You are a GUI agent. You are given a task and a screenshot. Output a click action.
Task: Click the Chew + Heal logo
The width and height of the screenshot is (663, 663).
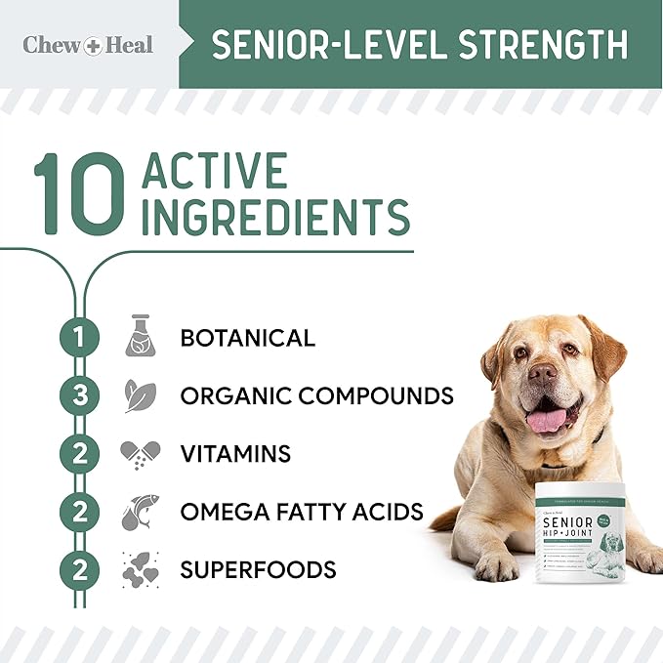(x=88, y=45)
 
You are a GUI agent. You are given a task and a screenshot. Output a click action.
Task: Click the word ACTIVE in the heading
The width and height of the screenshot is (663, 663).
(x=216, y=172)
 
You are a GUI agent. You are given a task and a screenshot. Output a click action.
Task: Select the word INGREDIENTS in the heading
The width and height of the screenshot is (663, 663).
(x=276, y=217)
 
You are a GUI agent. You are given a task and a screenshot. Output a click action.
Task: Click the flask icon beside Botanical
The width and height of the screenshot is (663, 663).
(x=140, y=337)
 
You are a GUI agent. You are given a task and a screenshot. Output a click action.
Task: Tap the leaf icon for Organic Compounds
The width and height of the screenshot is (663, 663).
(x=140, y=395)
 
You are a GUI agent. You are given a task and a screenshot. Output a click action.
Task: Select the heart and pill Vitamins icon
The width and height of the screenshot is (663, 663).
(x=140, y=454)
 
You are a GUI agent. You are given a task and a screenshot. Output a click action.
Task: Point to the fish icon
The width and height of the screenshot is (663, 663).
(x=140, y=511)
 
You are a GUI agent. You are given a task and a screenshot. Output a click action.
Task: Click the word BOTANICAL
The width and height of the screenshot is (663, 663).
(x=247, y=338)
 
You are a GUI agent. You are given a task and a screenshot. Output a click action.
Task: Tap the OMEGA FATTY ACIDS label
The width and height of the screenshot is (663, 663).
(x=302, y=511)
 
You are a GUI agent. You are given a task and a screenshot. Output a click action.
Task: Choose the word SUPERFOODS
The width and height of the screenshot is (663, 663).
(x=258, y=568)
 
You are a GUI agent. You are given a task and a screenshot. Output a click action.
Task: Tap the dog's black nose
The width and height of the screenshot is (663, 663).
(x=545, y=372)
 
